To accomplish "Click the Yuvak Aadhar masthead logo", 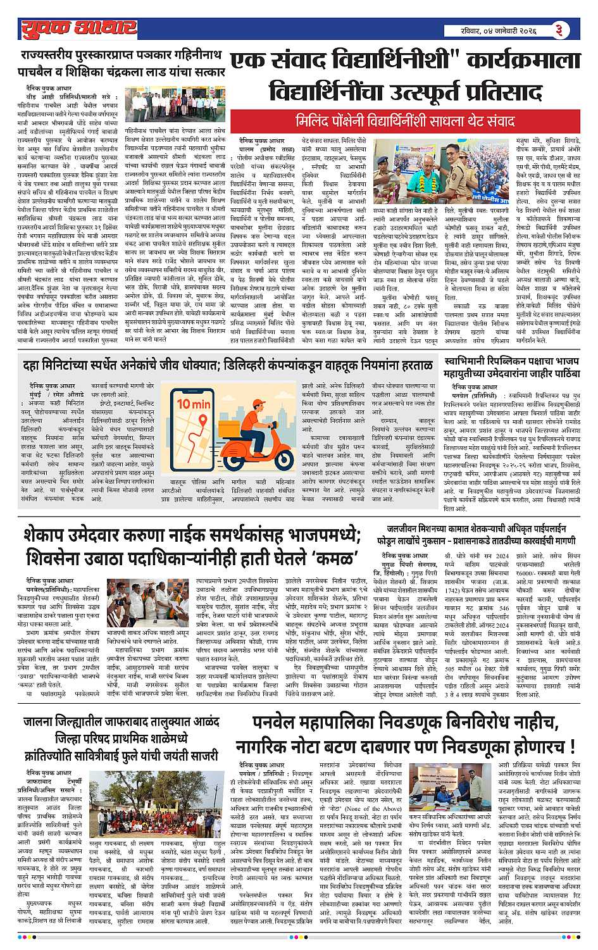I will tap(78, 28).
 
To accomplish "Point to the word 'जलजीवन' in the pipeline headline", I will tap(406, 528).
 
